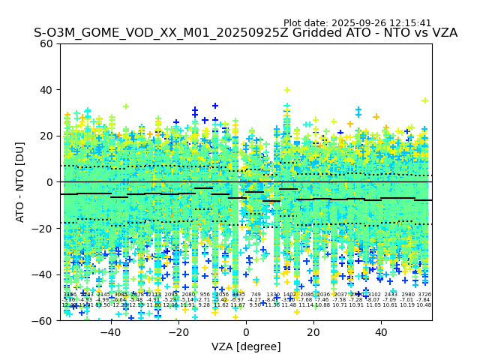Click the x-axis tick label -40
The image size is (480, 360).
click(x=110, y=332)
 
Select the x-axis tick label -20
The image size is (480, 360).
click(x=178, y=332)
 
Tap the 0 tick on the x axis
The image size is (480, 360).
click(x=246, y=332)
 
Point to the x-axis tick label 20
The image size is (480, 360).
click(x=313, y=332)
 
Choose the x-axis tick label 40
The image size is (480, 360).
click(x=381, y=332)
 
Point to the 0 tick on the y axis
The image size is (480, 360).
click(x=50, y=182)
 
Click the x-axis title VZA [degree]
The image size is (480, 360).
click(x=246, y=346)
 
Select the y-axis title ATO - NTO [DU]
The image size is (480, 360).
click(x=21, y=182)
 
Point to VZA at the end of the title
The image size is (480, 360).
click(x=443, y=33)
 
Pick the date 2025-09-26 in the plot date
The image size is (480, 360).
click(x=353, y=23)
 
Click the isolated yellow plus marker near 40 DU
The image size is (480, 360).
click(x=287, y=90)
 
